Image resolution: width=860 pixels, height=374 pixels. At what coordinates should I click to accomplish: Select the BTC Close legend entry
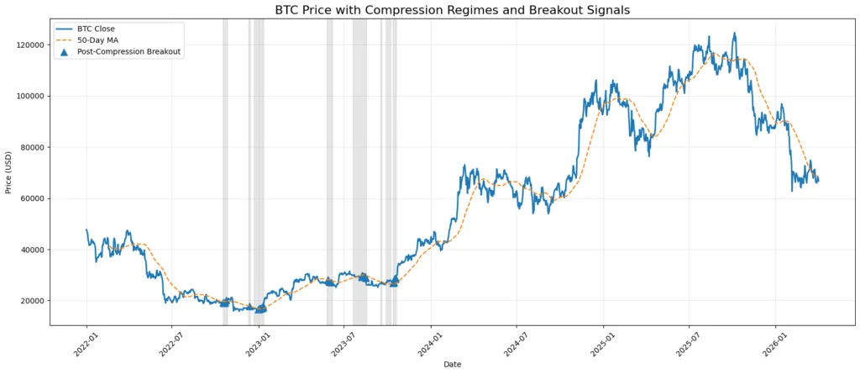pos(95,29)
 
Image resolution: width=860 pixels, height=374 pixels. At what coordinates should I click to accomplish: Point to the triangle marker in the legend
pos(65,51)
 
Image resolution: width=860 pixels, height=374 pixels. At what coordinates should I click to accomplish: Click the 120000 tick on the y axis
pos(29,45)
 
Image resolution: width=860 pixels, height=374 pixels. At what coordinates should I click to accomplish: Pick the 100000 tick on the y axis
pos(29,96)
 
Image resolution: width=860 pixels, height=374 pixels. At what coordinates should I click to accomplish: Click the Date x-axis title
pos(453,364)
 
